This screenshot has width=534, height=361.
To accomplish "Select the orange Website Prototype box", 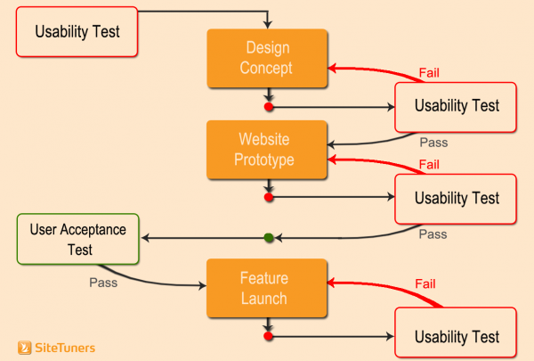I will click(264, 150).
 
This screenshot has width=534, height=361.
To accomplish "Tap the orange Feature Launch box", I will click(264, 288).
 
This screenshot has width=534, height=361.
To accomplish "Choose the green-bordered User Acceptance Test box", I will click(78, 239).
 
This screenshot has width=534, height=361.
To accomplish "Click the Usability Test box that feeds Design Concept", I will click(77, 31).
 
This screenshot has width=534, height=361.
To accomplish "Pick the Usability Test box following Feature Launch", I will click(457, 336).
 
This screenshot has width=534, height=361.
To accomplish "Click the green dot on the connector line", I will click(269, 237).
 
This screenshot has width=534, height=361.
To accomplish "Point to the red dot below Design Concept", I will click(269, 107).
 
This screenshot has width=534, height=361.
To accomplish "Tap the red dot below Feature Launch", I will click(269, 337).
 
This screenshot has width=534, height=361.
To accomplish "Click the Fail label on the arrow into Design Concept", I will click(429, 72).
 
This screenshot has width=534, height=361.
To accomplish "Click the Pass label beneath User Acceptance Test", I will click(103, 283).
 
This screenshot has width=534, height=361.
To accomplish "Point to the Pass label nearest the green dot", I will click(433, 234).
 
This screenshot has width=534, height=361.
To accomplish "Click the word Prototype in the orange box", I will click(264, 160).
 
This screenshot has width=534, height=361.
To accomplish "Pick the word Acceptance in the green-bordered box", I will click(93, 230).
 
